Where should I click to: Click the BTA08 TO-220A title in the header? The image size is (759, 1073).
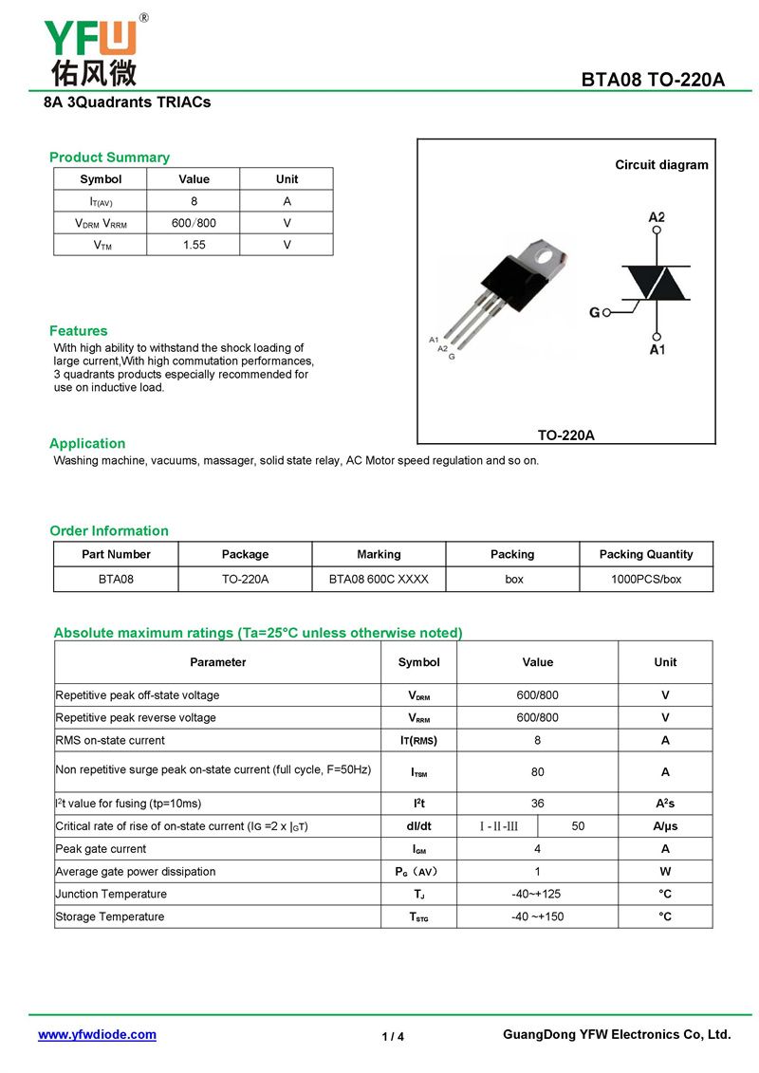[x=653, y=80]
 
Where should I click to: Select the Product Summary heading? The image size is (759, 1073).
[x=109, y=157]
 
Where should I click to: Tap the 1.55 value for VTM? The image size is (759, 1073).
[x=194, y=245]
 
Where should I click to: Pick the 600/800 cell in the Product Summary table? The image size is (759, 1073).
[x=194, y=223]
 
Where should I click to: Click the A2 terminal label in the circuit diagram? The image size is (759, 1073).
[x=657, y=217]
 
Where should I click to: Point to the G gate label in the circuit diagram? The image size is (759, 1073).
[x=595, y=312]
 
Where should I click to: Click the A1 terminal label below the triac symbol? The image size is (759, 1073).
[x=657, y=350]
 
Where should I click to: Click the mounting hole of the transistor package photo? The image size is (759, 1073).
[x=545, y=254]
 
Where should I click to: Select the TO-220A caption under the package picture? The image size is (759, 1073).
[x=566, y=435]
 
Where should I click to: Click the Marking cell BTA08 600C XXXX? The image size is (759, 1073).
[x=379, y=579]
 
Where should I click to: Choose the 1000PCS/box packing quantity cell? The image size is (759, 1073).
[x=646, y=579]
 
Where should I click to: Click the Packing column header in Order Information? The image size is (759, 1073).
[x=512, y=554]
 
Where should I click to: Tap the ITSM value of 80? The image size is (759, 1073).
[x=538, y=772]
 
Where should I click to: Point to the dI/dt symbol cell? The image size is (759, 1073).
[x=419, y=826]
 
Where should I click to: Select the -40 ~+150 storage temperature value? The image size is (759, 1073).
[x=538, y=916]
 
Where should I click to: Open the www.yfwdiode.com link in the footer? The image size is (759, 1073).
[x=97, y=1035]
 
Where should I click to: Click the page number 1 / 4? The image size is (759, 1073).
[x=393, y=1037]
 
